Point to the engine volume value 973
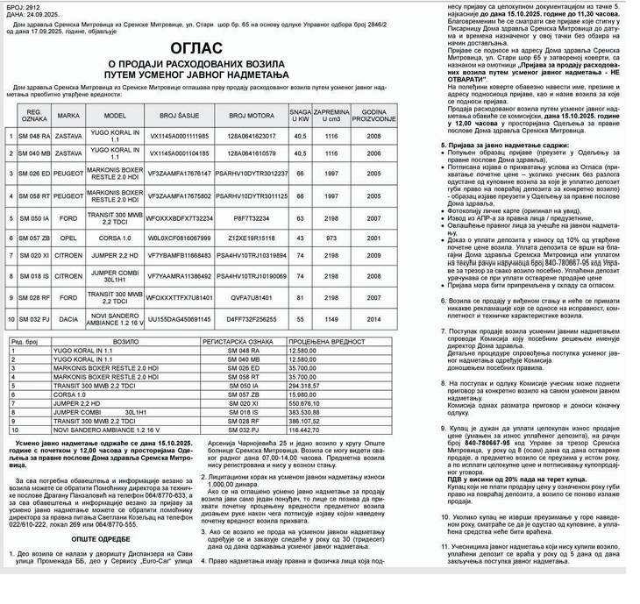click(331, 238)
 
